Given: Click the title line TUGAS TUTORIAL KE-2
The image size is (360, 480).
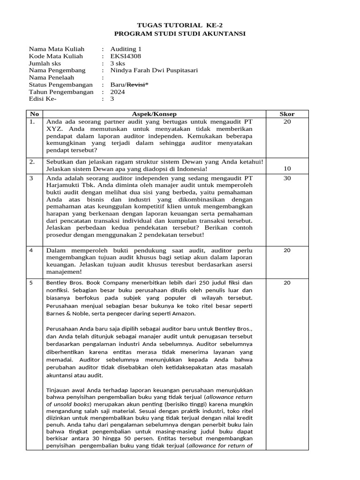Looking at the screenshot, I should [x=180, y=25].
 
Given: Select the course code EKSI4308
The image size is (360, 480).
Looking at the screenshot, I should [x=126, y=56].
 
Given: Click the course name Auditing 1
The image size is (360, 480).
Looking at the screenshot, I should [x=125, y=49].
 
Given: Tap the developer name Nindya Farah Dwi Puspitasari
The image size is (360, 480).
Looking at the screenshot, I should [x=154, y=70].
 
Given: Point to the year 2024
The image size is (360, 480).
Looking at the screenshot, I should [x=118, y=92].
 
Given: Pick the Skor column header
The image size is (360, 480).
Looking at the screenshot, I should [x=287, y=114].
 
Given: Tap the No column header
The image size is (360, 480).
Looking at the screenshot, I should [x=34, y=114].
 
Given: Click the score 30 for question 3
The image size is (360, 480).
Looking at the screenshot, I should [x=287, y=178].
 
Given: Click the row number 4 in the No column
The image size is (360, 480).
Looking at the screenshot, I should [x=31, y=250].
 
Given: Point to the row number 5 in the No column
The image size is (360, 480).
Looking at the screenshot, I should [x=31, y=283].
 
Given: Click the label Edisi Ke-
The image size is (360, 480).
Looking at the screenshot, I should [x=43, y=99].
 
